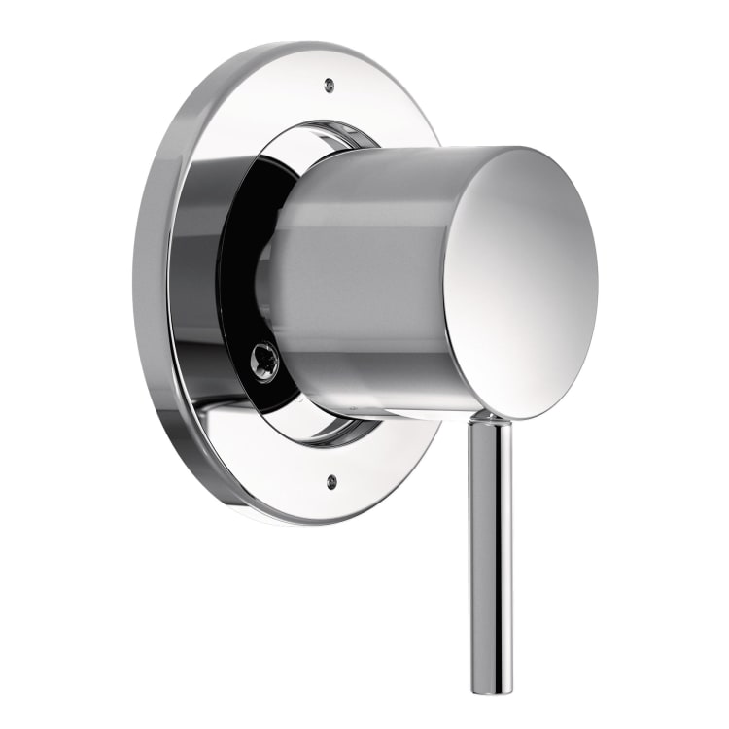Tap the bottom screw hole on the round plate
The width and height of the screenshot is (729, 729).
tap(333, 480)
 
